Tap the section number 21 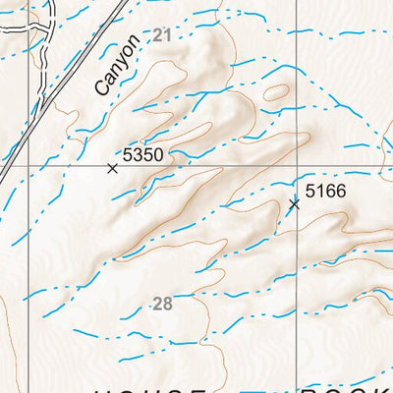(x=162, y=35)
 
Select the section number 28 (x=163, y=304)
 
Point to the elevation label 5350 (x=142, y=155)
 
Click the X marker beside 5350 (x=112, y=169)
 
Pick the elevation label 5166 (x=325, y=191)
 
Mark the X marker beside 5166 (x=294, y=204)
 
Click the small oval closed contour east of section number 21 (x=276, y=93)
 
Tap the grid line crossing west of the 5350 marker (x=41, y=163)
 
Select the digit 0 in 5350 (x=156, y=155)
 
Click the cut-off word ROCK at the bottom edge (x=344, y=388)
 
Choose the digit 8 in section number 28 (x=168, y=304)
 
